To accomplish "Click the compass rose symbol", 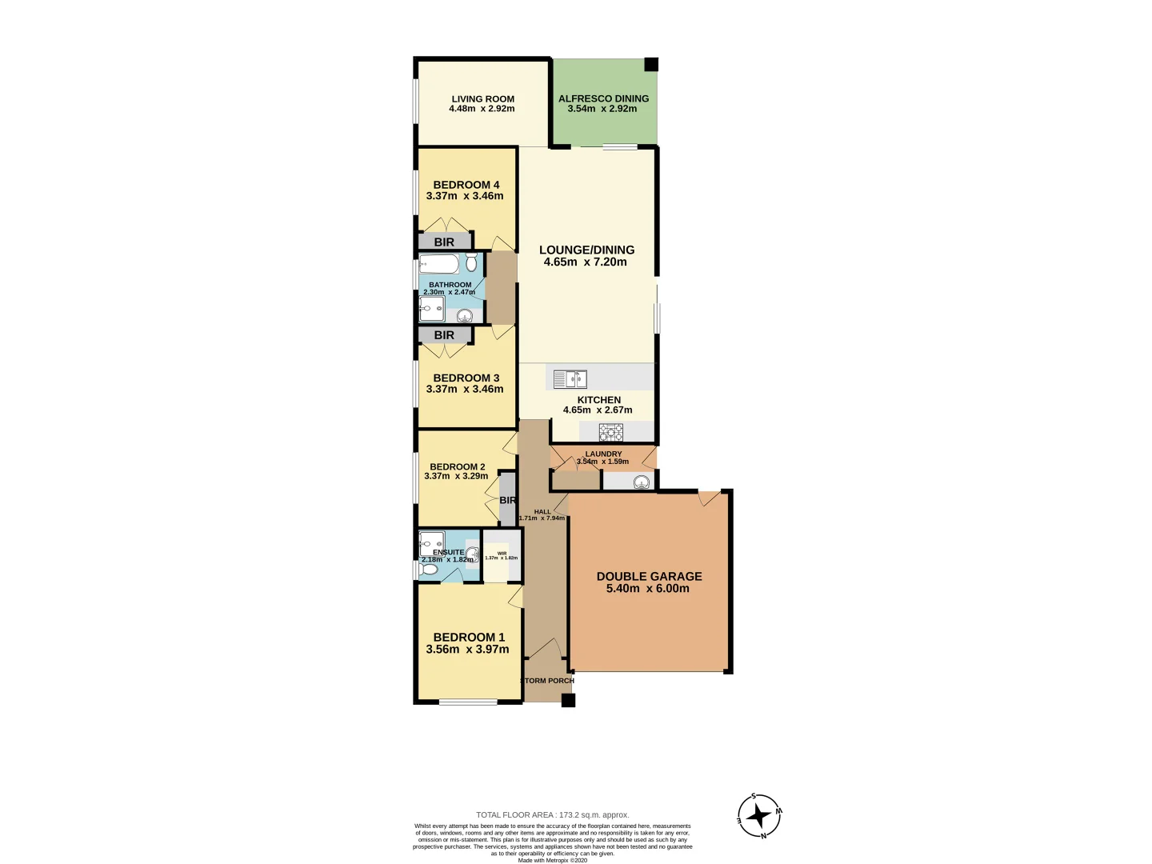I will tap(758, 816).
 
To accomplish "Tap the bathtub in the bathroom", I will tap(439, 264).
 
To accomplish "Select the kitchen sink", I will tap(570, 378).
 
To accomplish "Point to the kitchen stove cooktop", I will tap(611, 432).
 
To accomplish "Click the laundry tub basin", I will tap(641, 482).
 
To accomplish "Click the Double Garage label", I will tap(649, 576).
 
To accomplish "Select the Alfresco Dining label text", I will tap(603, 98).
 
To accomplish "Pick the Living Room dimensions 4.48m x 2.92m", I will tap(482, 109).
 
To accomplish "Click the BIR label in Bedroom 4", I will tap(444, 242).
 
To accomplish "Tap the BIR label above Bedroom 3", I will tap(444, 335).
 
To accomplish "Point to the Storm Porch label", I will tap(547, 681).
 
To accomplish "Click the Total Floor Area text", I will tap(552, 815).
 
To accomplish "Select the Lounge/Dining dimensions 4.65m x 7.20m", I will tap(585, 262).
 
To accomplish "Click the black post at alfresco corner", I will tap(651, 65).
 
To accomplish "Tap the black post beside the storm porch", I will tap(568, 701).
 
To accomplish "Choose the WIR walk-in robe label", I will tap(502, 554).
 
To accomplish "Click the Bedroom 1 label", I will tap(469, 637).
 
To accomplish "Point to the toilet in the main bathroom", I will tap(471, 262).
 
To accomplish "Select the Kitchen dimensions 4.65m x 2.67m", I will tap(598, 410).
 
